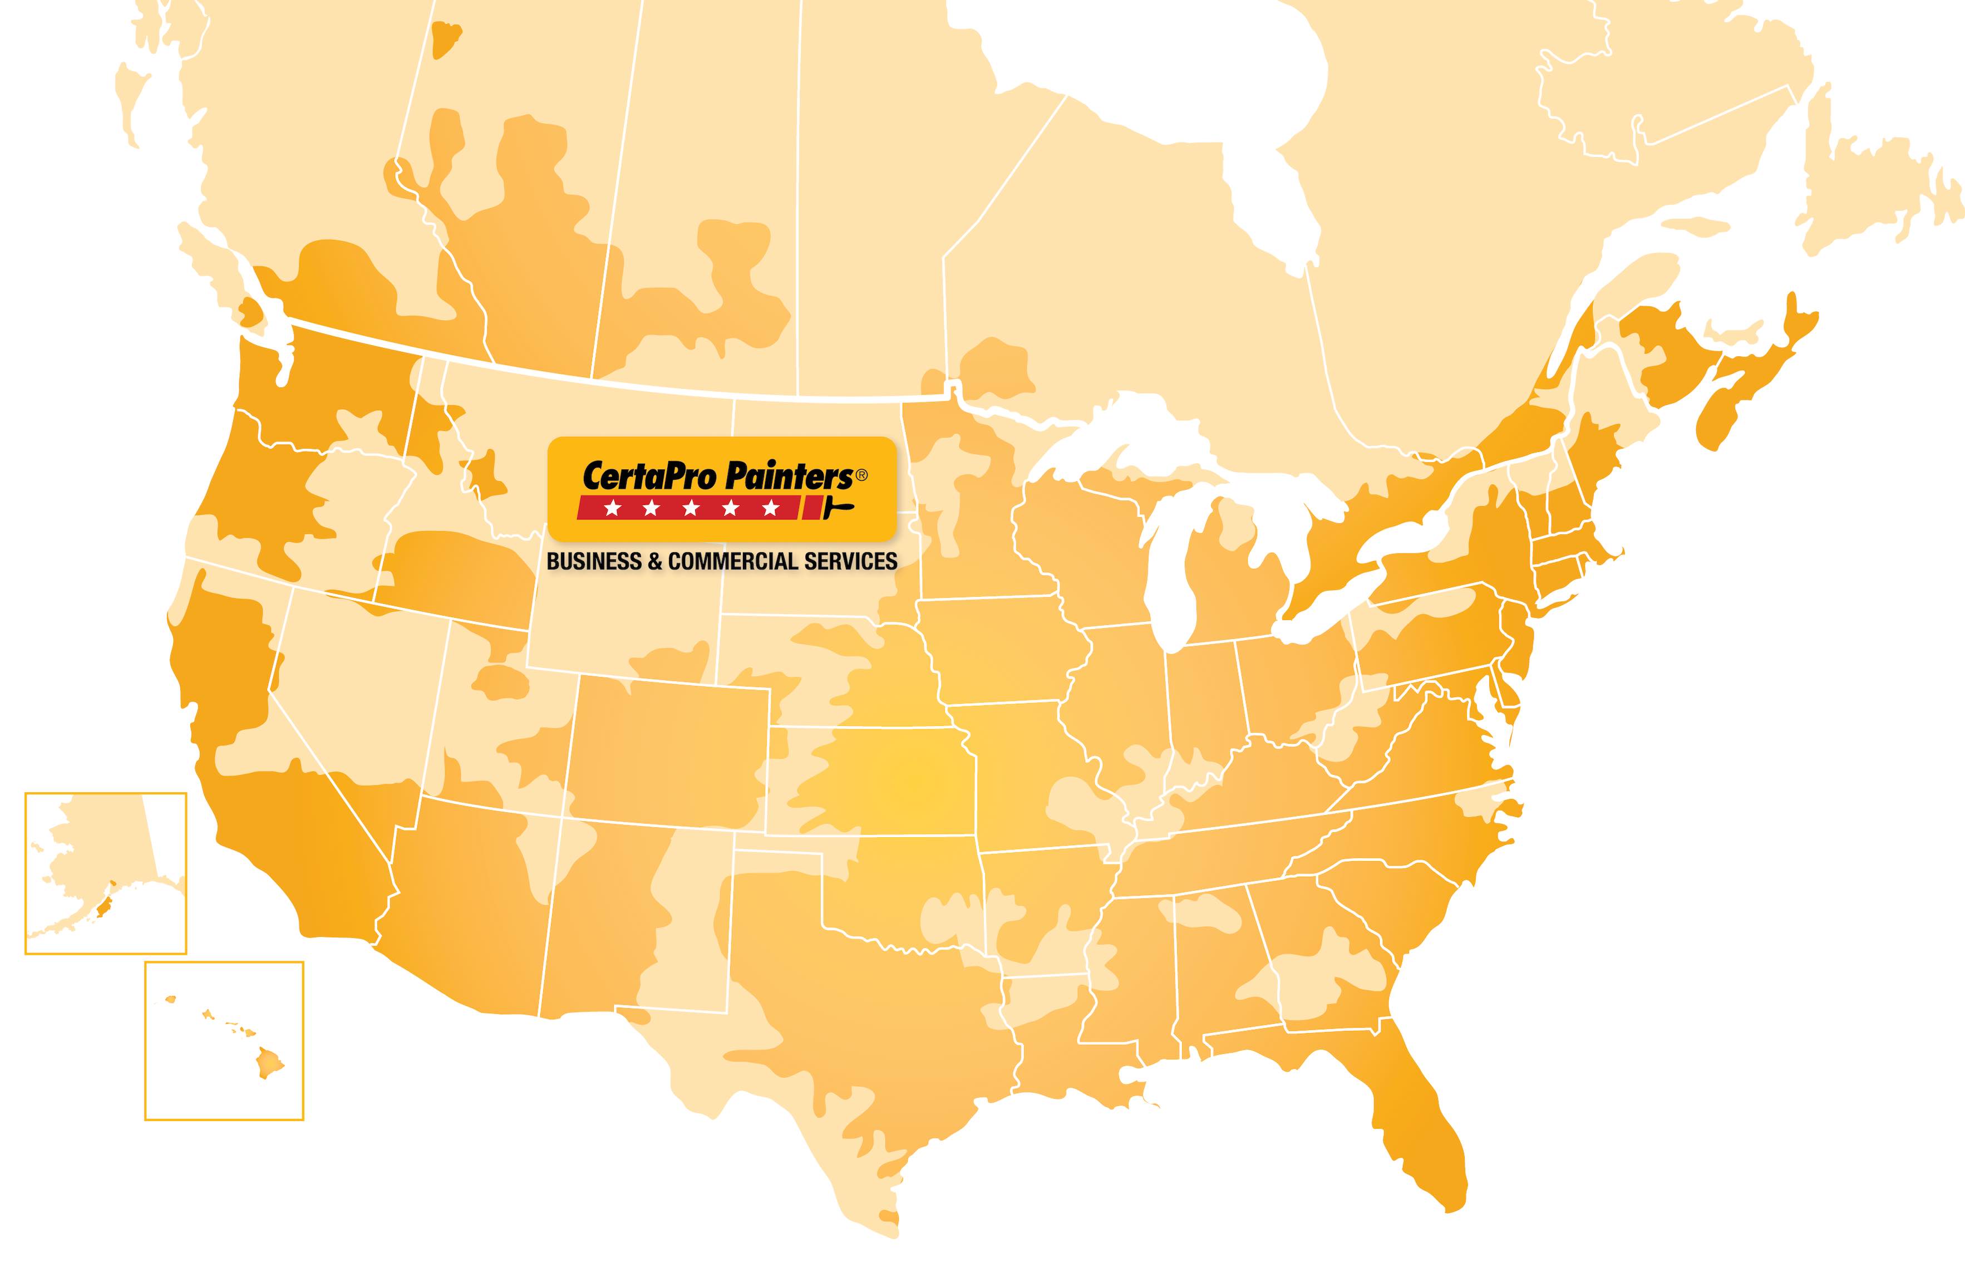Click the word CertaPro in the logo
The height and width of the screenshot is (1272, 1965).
pos(650,477)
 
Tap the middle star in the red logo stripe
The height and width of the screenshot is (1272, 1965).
pos(690,508)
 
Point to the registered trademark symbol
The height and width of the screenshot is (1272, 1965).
pos(861,475)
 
